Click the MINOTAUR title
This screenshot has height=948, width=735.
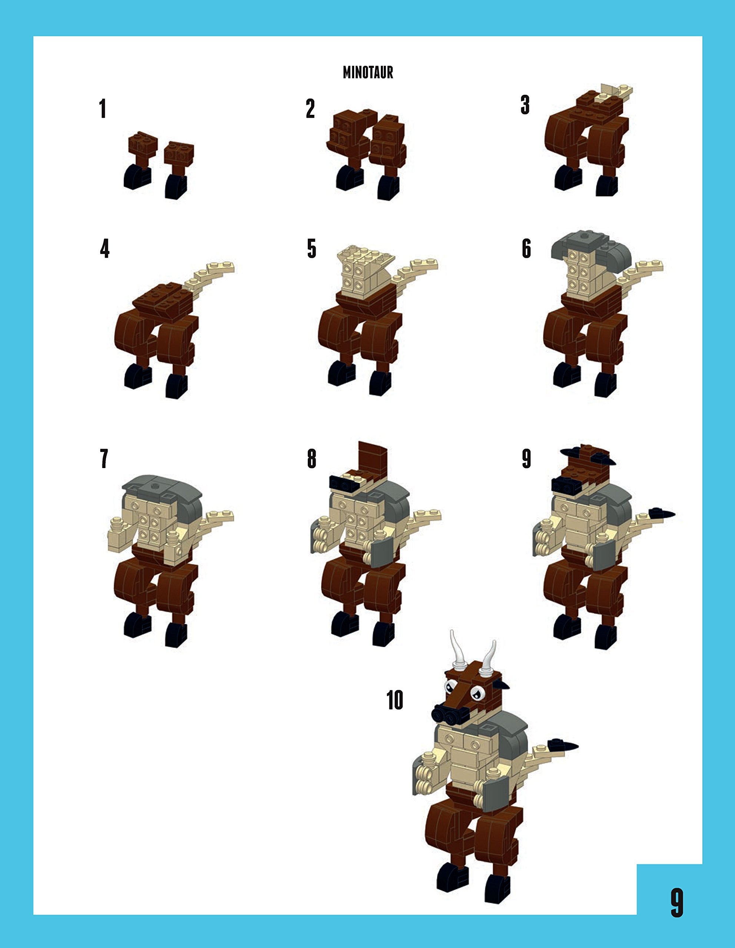pyautogui.click(x=368, y=73)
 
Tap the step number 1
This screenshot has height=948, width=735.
pyautogui.click(x=103, y=109)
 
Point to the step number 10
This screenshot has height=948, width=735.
pyautogui.click(x=395, y=700)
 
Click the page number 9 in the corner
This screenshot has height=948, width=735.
pyautogui.click(x=677, y=902)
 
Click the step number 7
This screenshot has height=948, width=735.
pyautogui.click(x=104, y=459)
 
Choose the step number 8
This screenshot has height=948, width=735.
pyautogui.click(x=311, y=459)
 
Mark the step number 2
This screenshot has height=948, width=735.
pyautogui.click(x=310, y=109)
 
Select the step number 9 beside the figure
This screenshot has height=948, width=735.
pyautogui.click(x=526, y=459)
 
